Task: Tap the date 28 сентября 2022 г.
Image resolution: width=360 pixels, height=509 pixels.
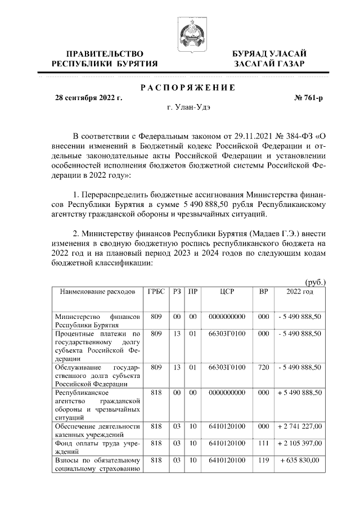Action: pos(88,98)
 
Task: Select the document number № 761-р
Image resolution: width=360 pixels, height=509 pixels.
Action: pos(309,98)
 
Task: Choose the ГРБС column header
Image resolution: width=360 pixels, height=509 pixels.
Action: pos(156,292)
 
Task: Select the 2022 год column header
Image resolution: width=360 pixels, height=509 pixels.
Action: pos(300,292)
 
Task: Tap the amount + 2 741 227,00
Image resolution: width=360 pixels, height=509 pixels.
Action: pos(300,427)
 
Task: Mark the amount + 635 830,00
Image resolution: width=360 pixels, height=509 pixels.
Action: pos(300,460)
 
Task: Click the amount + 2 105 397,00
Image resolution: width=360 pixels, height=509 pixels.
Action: pos(300,444)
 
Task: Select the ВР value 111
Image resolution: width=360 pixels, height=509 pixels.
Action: pos(263,444)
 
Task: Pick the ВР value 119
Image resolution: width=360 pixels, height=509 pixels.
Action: pos(263,460)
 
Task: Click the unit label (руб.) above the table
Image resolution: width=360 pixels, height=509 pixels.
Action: pos(315,282)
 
